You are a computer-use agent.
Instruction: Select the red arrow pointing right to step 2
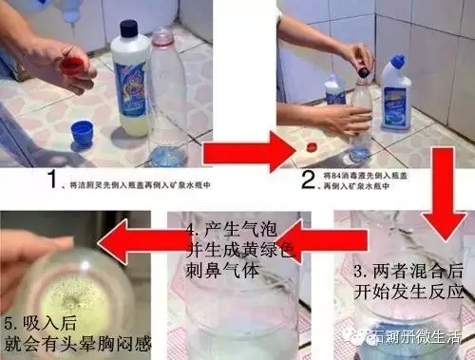click(x=245, y=150)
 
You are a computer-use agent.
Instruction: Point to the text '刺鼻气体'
click(x=218, y=276)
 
